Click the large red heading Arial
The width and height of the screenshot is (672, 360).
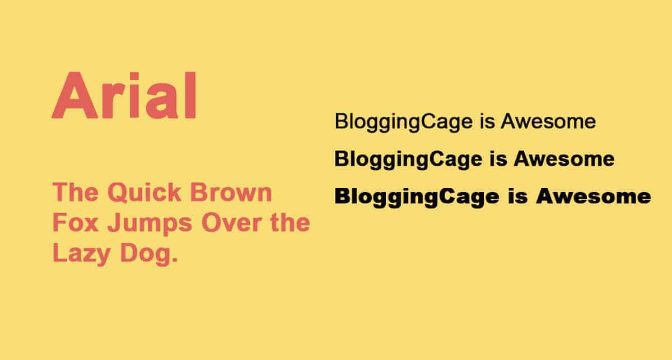[124, 95]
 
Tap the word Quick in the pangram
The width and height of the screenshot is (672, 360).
[144, 193]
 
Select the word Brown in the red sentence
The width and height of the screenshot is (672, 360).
[231, 192]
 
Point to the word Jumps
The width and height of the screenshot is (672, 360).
[150, 224]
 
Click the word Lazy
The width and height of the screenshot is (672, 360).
[81, 254]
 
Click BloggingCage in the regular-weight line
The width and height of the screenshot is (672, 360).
[404, 123]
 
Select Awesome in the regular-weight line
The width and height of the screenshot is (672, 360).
[548, 121]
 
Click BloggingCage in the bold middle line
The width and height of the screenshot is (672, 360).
[409, 160]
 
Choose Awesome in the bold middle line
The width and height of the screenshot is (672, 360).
[564, 158]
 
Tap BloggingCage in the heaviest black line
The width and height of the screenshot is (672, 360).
[417, 198]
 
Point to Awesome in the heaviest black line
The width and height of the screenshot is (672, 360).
[594, 196]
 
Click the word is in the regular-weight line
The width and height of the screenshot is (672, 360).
[487, 121]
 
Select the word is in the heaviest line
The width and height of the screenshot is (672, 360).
[518, 196]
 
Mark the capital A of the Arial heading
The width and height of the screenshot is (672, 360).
[75, 95]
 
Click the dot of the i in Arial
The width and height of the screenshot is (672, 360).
[134, 76]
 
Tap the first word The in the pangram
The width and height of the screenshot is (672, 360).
[75, 192]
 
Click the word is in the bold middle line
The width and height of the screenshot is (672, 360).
[498, 158]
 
